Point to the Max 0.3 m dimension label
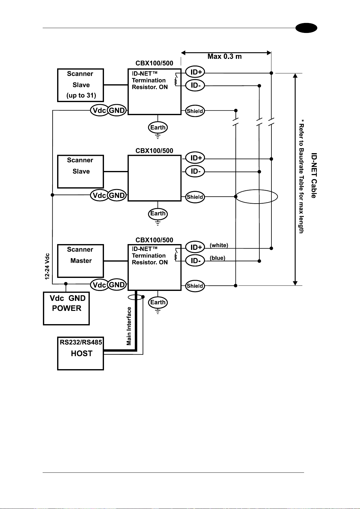(x=225, y=56)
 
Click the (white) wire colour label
(x=219, y=245)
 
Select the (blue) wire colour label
(x=217, y=258)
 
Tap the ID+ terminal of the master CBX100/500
(x=195, y=247)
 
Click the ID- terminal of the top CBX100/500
(x=195, y=85)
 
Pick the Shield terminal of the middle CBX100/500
(x=195, y=197)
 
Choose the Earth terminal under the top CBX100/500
(x=158, y=127)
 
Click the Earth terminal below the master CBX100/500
(x=158, y=302)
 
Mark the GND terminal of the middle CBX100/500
(x=117, y=195)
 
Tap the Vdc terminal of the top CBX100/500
(x=100, y=111)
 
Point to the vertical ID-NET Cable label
(x=314, y=176)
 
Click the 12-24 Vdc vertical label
(x=47, y=266)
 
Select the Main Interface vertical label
(x=129, y=326)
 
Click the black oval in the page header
(x=306, y=28)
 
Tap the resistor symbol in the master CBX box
(x=176, y=257)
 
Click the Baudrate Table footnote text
(x=301, y=176)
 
